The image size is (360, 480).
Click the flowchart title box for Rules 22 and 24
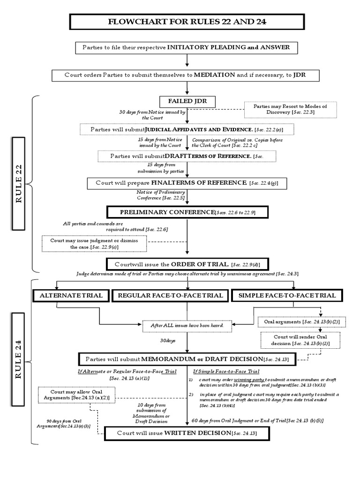click(x=187, y=22)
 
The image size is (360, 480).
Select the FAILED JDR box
click(x=187, y=102)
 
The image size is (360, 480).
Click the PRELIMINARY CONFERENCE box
click(x=187, y=212)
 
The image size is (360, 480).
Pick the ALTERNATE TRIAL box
click(x=70, y=295)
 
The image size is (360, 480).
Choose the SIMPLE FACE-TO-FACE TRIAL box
click(x=287, y=295)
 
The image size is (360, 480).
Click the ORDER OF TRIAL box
click(x=187, y=264)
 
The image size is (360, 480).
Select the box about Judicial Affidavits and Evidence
click(x=187, y=129)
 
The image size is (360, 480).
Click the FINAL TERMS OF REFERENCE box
click(x=187, y=182)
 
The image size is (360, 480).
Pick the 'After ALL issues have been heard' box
click(x=187, y=325)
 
